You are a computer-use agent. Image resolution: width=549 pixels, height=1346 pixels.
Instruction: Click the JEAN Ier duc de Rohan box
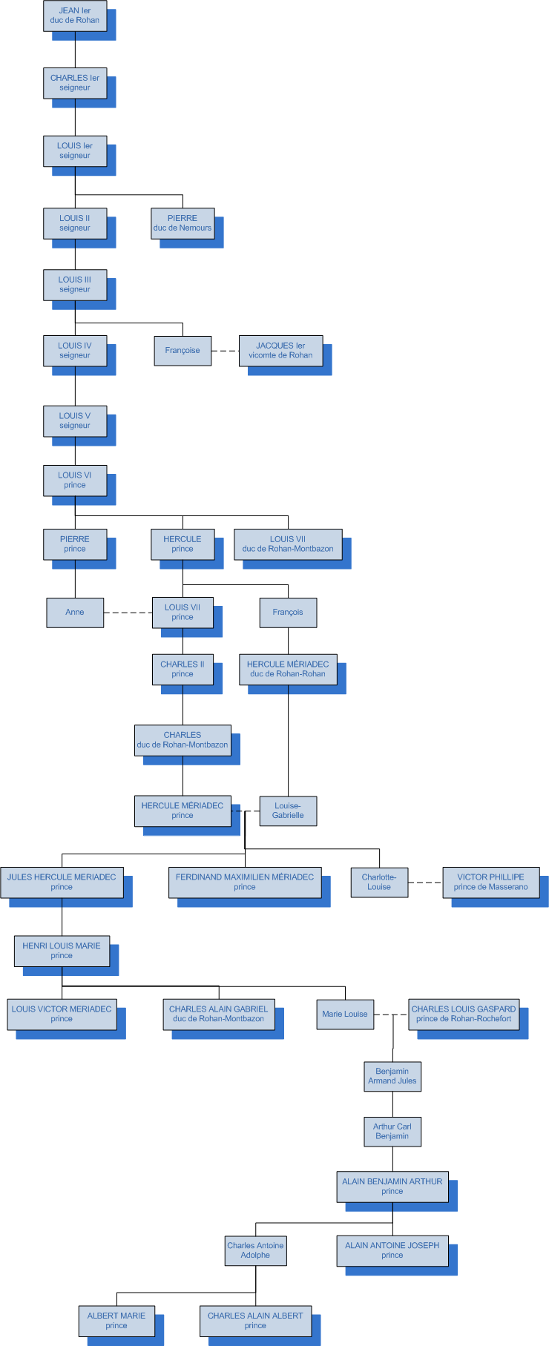pos(75,16)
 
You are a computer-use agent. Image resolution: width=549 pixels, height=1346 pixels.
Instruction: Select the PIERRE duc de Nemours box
pos(183,223)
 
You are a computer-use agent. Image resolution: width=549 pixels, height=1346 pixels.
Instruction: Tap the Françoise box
pos(183,351)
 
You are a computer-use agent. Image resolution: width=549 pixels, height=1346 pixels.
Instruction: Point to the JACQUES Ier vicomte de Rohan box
pos(280,351)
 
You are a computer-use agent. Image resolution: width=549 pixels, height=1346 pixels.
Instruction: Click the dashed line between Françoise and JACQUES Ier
pos(225,351)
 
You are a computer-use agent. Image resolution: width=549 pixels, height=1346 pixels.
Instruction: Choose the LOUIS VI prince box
pos(75,481)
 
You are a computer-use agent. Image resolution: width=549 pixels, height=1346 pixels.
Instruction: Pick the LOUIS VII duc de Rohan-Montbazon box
pos(288,544)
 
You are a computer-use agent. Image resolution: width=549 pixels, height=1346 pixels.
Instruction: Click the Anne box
pos(75,613)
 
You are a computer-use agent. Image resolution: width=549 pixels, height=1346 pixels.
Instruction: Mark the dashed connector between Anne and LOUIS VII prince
pos(128,613)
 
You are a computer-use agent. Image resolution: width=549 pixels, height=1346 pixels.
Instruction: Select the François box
pos(288,613)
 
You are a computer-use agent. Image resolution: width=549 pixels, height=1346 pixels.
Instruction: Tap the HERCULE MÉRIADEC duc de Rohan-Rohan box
pos(288,669)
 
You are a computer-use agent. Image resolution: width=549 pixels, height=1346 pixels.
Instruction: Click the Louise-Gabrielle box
pos(288,811)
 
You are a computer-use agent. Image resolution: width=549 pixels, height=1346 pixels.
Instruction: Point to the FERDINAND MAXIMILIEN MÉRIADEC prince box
pos(245,882)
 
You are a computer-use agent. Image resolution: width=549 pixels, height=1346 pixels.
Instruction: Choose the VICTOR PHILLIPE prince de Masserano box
pos(491,882)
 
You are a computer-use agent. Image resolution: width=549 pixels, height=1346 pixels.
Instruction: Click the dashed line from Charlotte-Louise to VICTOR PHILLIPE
pos(425,883)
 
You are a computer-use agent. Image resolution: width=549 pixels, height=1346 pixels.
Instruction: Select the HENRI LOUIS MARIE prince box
pos(62,951)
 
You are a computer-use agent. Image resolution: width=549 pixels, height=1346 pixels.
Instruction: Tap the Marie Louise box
pos(345,1014)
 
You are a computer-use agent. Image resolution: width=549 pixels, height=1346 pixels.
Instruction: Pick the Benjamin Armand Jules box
pos(392,1076)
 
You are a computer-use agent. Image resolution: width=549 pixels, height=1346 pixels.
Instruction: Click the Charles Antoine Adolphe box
pos(255,1250)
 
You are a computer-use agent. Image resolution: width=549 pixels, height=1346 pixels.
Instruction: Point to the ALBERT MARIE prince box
pos(116,1321)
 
